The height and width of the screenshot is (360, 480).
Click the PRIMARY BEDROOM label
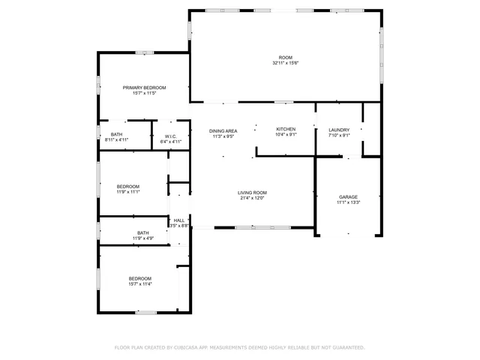(x=144, y=88)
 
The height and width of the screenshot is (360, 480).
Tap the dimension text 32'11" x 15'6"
(x=285, y=63)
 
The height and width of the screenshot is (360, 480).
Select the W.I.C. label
(x=171, y=136)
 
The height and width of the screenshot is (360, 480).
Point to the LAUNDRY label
(x=339, y=130)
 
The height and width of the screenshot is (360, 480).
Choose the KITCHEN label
(x=286, y=130)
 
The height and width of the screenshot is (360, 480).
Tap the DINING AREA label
(x=223, y=130)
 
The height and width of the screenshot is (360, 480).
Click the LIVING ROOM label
(x=253, y=193)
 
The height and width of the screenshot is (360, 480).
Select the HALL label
(x=178, y=220)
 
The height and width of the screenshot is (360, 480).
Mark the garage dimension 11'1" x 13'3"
(x=349, y=202)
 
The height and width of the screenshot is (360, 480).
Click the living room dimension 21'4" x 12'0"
(x=253, y=198)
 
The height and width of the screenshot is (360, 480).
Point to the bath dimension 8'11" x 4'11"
(x=116, y=139)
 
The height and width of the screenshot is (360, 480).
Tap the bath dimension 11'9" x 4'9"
(x=142, y=238)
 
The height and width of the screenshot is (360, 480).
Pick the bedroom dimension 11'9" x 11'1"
(x=127, y=191)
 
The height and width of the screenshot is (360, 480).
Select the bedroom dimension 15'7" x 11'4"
(x=139, y=284)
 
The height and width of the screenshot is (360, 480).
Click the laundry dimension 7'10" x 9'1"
(x=339, y=135)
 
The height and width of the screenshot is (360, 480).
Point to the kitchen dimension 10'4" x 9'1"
(x=286, y=135)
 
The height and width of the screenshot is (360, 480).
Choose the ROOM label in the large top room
(x=285, y=58)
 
